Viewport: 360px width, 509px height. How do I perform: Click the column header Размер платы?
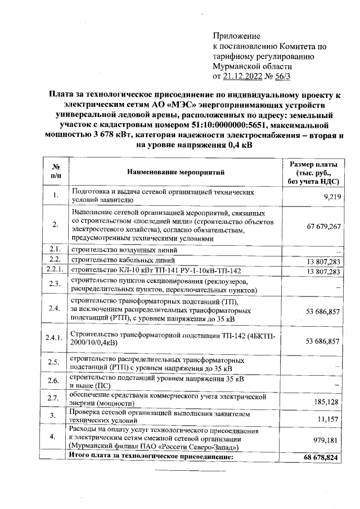point(313,164)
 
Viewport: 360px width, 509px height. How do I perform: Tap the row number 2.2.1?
point(55,271)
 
